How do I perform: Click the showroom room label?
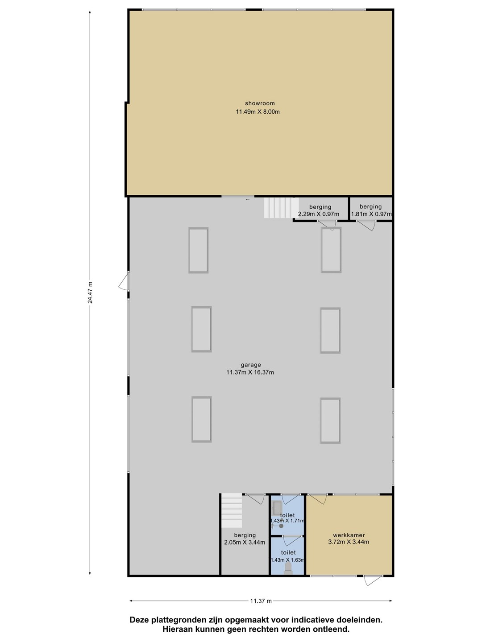(x=260, y=103)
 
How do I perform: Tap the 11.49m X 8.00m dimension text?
(x=258, y=111)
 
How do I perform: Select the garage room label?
(x=251, y=365)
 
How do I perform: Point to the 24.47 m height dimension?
(x=90, y=292)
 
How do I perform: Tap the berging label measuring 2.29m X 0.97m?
(x=320, y=207)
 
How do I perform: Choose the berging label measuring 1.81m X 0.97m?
(x=370, y=206)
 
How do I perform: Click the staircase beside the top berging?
(x=281, y=208)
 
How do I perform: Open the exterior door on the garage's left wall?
(x=124, y=281)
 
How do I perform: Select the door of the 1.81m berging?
(x=366, y=226)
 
